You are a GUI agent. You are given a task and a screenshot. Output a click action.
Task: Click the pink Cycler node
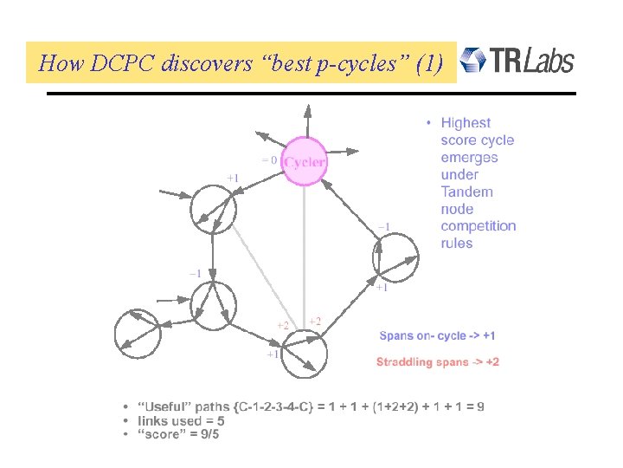[x=305, y=161]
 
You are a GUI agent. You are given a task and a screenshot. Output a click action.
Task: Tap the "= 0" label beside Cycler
[x=269, y=159]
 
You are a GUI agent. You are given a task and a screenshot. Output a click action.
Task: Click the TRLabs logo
[x=517, y=61]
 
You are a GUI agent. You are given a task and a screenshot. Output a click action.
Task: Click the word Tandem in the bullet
[x=466, y=192]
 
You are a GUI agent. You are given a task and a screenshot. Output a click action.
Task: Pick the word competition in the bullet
[x=478, y=226]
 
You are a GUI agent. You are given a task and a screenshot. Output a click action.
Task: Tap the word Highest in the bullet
[x=466, y=123]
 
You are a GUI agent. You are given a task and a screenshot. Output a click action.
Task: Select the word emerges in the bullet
[x=469, y=158]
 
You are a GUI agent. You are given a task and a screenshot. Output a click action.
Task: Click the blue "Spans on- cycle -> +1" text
[x=437, y=335]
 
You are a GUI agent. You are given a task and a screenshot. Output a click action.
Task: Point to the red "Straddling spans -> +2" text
[x=437, y=361]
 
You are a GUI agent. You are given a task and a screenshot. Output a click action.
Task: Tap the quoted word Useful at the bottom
[x=161, y=406]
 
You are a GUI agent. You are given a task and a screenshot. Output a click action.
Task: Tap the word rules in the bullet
[x=457, y=244]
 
